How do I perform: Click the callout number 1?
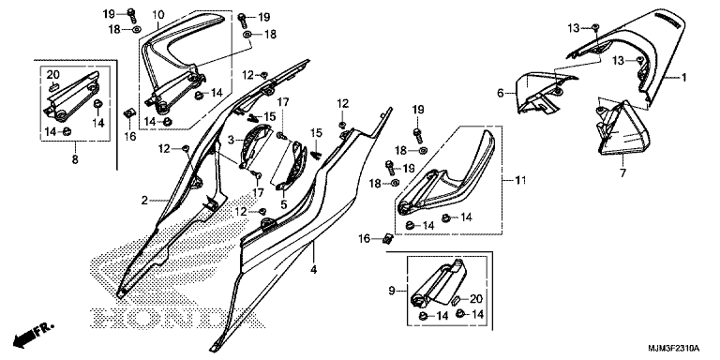click(x=683, y=78)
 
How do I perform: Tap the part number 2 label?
click(x=144, y=201)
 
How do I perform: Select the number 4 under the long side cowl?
click(x=313, y=270)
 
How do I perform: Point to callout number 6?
click(x=501, y=94)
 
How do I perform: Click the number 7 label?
click(x=623, y=173)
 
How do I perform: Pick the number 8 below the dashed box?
click(x=75, y=159)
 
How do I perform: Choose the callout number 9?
click(x=392, y=291)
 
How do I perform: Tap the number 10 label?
click(x=157, y=15)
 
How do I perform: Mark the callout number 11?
click(x=519, y=181)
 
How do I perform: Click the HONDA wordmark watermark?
click(x=177, y=318)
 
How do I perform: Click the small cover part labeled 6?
click(x=542, y=92)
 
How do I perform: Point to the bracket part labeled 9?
click(x=439, y=285)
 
